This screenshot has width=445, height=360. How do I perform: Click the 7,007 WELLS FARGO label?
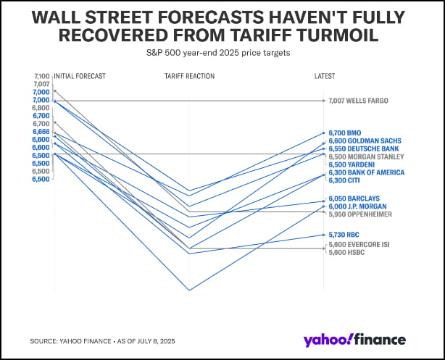tap(359, 101)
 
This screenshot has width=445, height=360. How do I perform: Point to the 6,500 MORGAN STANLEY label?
tap(365, 156)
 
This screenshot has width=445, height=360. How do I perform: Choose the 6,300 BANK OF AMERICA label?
tap(366, 172)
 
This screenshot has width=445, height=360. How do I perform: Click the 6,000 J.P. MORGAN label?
tap(357, 206)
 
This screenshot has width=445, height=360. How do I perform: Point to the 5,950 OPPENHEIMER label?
tap(360, 214)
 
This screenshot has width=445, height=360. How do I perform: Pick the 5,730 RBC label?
tap(345, 235)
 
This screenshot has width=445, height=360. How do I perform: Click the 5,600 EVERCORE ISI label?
tap(359, 245)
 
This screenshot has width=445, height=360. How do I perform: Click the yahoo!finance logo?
tap(355, 340)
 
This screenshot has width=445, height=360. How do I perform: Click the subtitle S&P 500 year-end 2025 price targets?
tap(222, 53)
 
